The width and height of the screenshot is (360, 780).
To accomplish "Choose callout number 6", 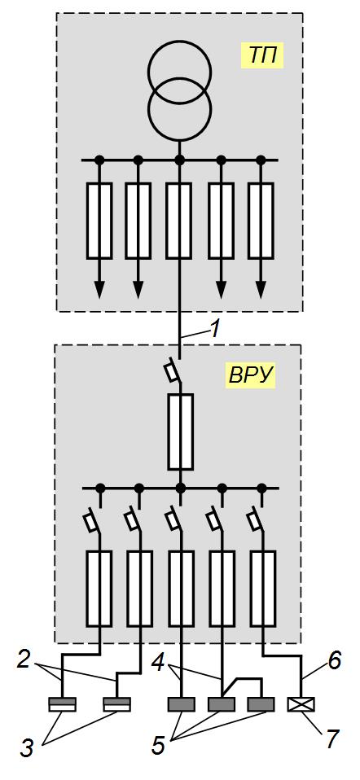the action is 334,660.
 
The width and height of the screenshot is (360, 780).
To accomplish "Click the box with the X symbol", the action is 301,704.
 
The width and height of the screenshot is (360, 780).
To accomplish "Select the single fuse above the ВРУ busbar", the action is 180,432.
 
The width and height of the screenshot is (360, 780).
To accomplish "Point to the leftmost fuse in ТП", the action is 99,221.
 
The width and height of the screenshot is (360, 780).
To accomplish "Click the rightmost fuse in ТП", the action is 261,221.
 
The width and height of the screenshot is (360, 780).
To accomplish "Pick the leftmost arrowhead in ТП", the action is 99,289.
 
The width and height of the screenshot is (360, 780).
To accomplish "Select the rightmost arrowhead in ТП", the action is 261,289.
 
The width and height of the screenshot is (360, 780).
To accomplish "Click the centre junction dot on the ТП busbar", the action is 180,160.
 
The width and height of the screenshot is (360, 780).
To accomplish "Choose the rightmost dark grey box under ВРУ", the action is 261,704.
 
